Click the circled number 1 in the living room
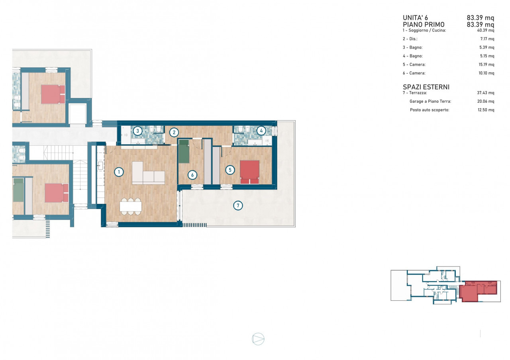(119, 172)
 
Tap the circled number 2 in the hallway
(174, 132)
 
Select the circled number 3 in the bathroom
(137, 131)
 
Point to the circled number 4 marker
(261, 131)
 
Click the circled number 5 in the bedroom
(230, 170)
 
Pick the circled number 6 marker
(192, 175)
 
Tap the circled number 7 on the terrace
(238, 205)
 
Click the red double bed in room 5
(250, 172)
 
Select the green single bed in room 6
(184, 151)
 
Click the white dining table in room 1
(131, 206)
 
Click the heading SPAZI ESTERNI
(426, 87)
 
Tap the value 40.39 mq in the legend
(486, 30)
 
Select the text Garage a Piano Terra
(430, 101)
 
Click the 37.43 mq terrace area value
(486, 93)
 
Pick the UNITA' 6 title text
(415, 18)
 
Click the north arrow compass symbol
(258, 339)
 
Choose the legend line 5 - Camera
(414, 65)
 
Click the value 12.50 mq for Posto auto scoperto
(486, 110)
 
